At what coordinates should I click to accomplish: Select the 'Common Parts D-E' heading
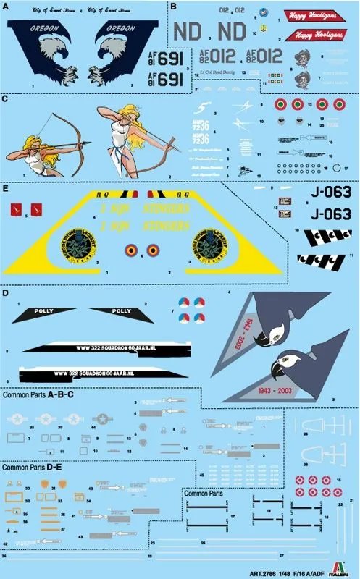tap(32, 468)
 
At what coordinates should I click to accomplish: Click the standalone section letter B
tap(172, 7)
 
